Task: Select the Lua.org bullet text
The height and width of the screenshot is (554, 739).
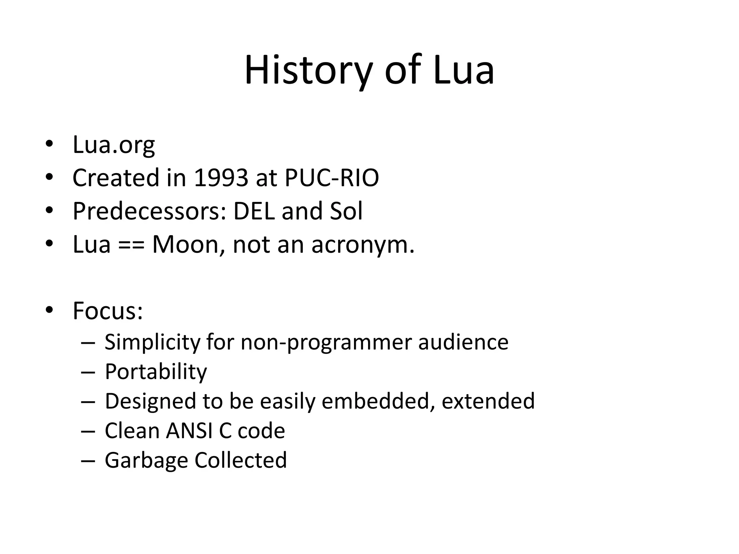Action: tap(114, 145)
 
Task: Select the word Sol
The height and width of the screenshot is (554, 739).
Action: tap(346, 211)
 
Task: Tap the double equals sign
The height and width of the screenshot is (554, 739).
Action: tap(131, 245)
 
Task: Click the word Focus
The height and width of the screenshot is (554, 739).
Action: tap(108, 311)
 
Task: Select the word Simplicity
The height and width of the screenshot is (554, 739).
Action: tap(152, 342)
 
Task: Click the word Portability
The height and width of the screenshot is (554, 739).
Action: tap(156, 372)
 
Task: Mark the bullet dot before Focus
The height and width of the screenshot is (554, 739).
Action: tap(49, 310)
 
